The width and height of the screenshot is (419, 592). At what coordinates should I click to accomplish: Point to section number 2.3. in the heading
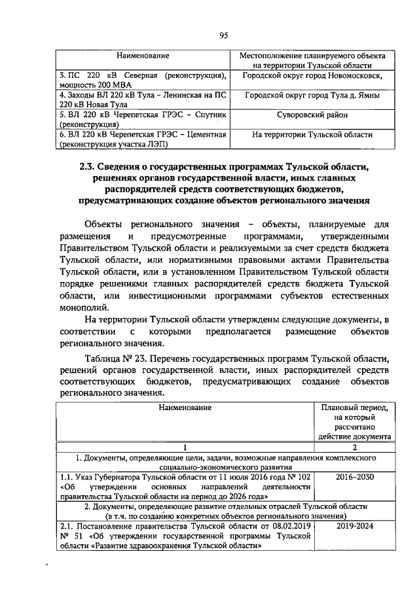pos(88,165)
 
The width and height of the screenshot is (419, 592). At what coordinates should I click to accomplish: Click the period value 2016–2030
pos(355,477)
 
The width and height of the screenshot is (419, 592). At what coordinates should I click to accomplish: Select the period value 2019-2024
pos(355,526)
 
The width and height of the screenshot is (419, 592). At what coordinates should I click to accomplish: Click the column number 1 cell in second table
pos(185,447)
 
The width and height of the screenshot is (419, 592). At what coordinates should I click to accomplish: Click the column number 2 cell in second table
pos(355,447)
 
